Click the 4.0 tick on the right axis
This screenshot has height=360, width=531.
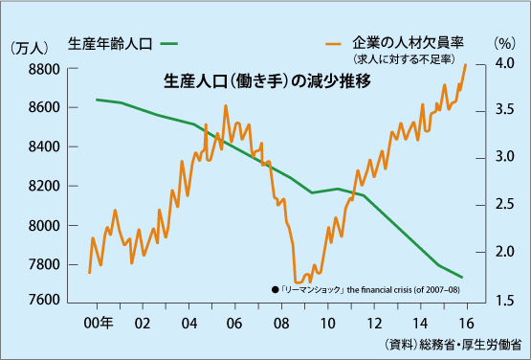pyautogui.click(x=504, y=63)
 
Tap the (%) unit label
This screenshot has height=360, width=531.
pyautogui.click(x=504, y=43)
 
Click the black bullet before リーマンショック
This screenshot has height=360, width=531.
pyautogui.click(x=275, y=288)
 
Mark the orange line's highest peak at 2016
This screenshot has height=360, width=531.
pyautogui.click(x=466, y=64)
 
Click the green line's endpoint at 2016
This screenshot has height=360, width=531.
pyautogui.click(x=464, y=278)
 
